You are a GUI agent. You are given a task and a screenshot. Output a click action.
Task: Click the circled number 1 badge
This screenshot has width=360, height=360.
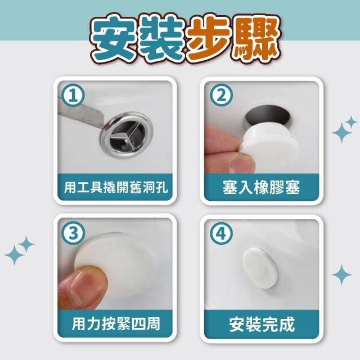point(74,95)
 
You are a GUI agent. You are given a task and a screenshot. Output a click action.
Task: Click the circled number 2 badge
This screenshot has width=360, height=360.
point(221,95)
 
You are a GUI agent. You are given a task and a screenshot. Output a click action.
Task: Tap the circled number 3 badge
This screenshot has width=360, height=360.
point(74,233)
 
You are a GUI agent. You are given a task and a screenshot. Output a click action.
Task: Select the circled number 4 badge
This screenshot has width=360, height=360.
point(221,233)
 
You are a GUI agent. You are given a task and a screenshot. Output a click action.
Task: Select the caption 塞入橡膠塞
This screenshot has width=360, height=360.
point(261,187)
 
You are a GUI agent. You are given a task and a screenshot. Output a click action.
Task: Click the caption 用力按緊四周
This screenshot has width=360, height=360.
point(116,324)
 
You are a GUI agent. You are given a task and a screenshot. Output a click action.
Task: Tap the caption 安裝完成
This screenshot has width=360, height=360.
point(262,324)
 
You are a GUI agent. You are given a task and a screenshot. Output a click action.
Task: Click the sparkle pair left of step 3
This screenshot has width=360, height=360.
point(19,250)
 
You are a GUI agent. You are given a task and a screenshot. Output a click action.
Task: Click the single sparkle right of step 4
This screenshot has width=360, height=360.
point(341,274)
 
